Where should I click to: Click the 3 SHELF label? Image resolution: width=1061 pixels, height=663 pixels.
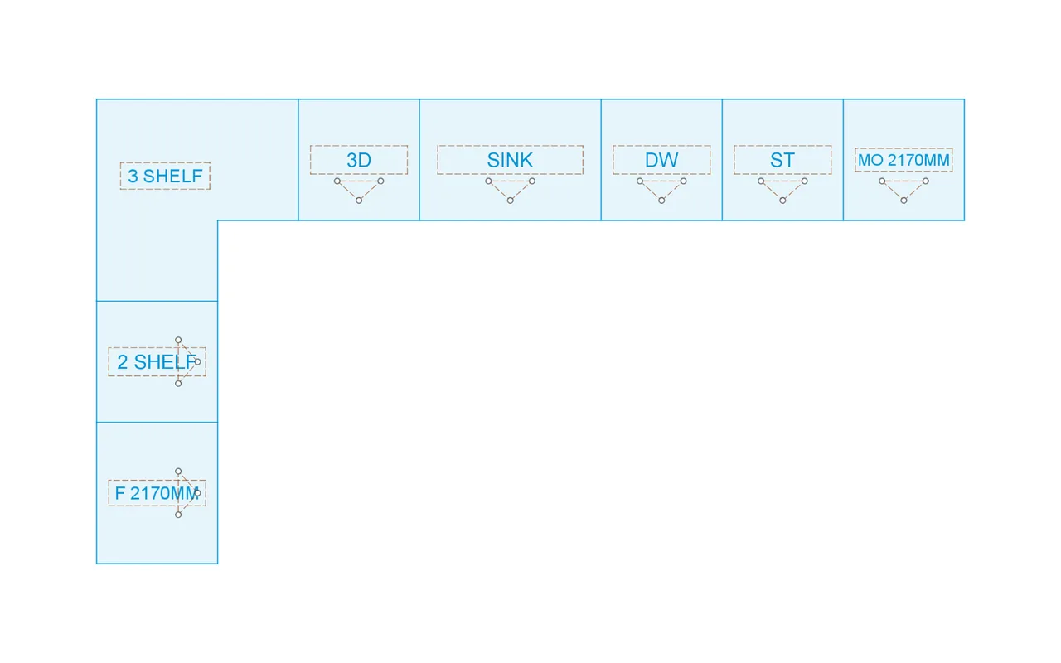coord(165,177)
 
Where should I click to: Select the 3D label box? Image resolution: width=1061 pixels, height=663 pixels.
coord(359,160)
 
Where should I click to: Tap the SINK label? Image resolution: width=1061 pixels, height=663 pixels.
coord(510,160)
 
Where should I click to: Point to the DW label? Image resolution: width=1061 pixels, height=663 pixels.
coord(661,160)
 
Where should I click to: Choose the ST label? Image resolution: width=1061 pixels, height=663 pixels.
coord(782,160)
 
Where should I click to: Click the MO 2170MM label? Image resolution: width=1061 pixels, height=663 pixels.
coord(904,160)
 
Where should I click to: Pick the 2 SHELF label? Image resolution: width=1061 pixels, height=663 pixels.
coord(157,362)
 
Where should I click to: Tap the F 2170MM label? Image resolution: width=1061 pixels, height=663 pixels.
coord(157,493)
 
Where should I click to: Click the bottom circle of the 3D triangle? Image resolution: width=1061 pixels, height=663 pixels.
coord(359,201)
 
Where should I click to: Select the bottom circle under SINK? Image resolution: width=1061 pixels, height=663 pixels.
coord(510,201)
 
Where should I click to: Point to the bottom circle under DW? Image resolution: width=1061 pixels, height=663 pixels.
coord(661,201)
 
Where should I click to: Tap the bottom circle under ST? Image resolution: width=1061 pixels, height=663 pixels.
coord(782,201)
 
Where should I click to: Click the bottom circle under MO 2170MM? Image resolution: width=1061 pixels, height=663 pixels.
coord(904,201)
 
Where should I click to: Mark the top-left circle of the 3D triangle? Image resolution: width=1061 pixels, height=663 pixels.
coord(337,181)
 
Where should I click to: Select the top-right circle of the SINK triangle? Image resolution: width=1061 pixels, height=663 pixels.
coord(532,181)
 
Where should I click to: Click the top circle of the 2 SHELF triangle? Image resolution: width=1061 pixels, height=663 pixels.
coord(178,340)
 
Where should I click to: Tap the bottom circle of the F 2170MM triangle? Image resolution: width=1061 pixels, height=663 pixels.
coord(178,515)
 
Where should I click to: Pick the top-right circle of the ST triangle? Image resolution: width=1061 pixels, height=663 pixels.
coord(804,181)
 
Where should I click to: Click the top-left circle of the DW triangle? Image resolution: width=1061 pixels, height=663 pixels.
coord(640,181)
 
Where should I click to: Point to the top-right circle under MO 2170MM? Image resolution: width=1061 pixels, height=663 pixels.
coord(926,181)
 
